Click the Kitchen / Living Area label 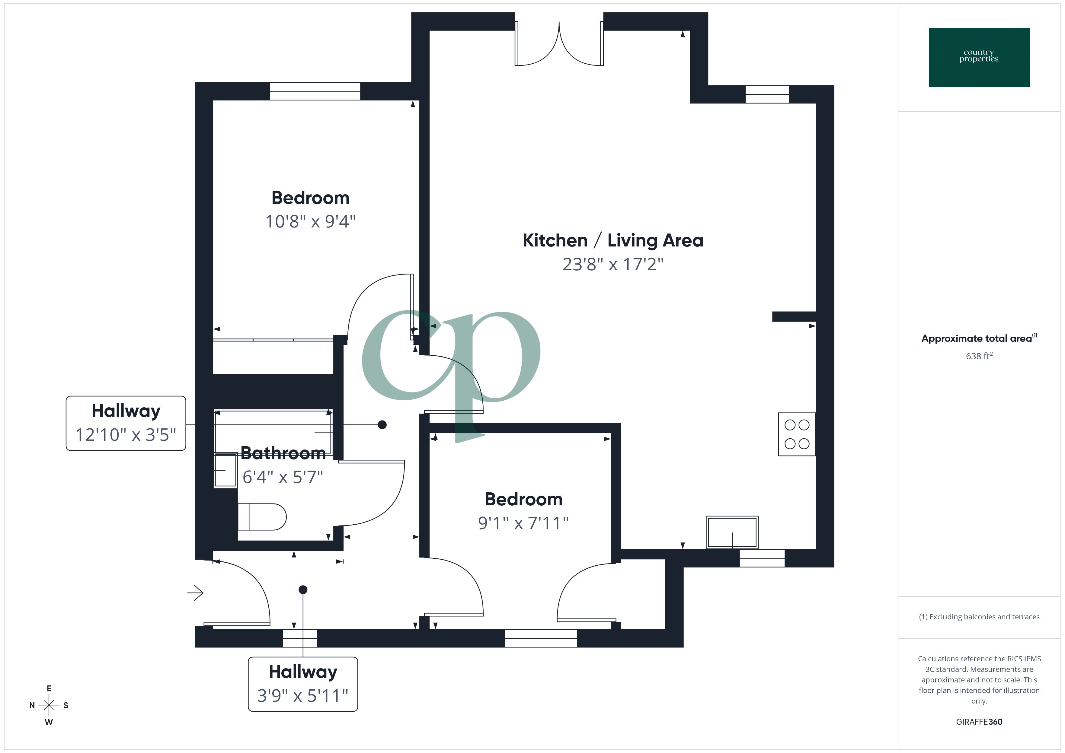point(613,241)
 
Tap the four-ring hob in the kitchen point(796,434)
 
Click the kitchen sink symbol point(732,532)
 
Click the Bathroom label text point(283,453)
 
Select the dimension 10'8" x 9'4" point(310,222)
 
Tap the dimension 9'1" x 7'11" point(523,523)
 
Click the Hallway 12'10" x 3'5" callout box point(126,423)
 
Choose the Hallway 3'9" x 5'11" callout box point(303,684)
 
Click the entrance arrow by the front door point(195,593)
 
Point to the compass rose point(49,705)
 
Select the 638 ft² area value point(979,356)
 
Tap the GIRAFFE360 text point(979,722)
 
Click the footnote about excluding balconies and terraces point(979,617)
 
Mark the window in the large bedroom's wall point(315,91)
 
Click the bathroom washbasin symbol point(225,470)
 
